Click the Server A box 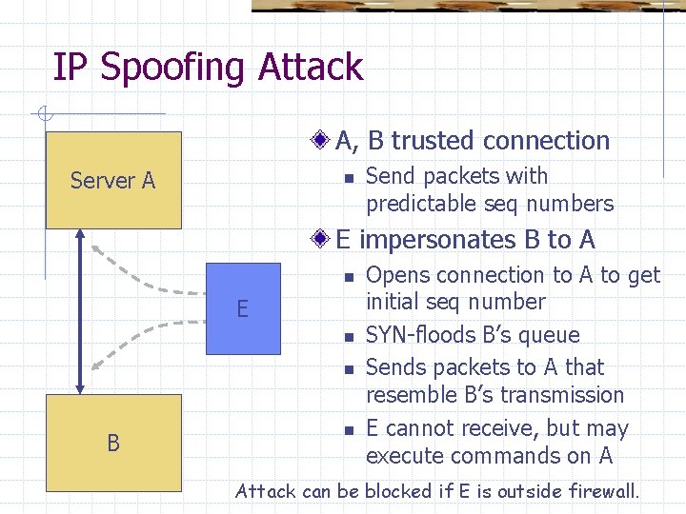(x=113, y=180)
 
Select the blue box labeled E (x=243, y=307)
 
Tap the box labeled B (x=113, y=442)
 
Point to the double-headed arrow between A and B (x=79, y=312)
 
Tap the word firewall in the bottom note (x=601, y=492)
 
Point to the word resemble (x=411, y=395)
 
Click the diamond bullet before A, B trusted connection (x=323, y=141)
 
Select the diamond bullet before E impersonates (x=323, y=240)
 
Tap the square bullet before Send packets (x=350, y=177)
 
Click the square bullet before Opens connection (x=350, y=276)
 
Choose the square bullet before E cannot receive (x=350, y=429)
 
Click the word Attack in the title (x=310, y=69)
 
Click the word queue (x=550, y=335)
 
